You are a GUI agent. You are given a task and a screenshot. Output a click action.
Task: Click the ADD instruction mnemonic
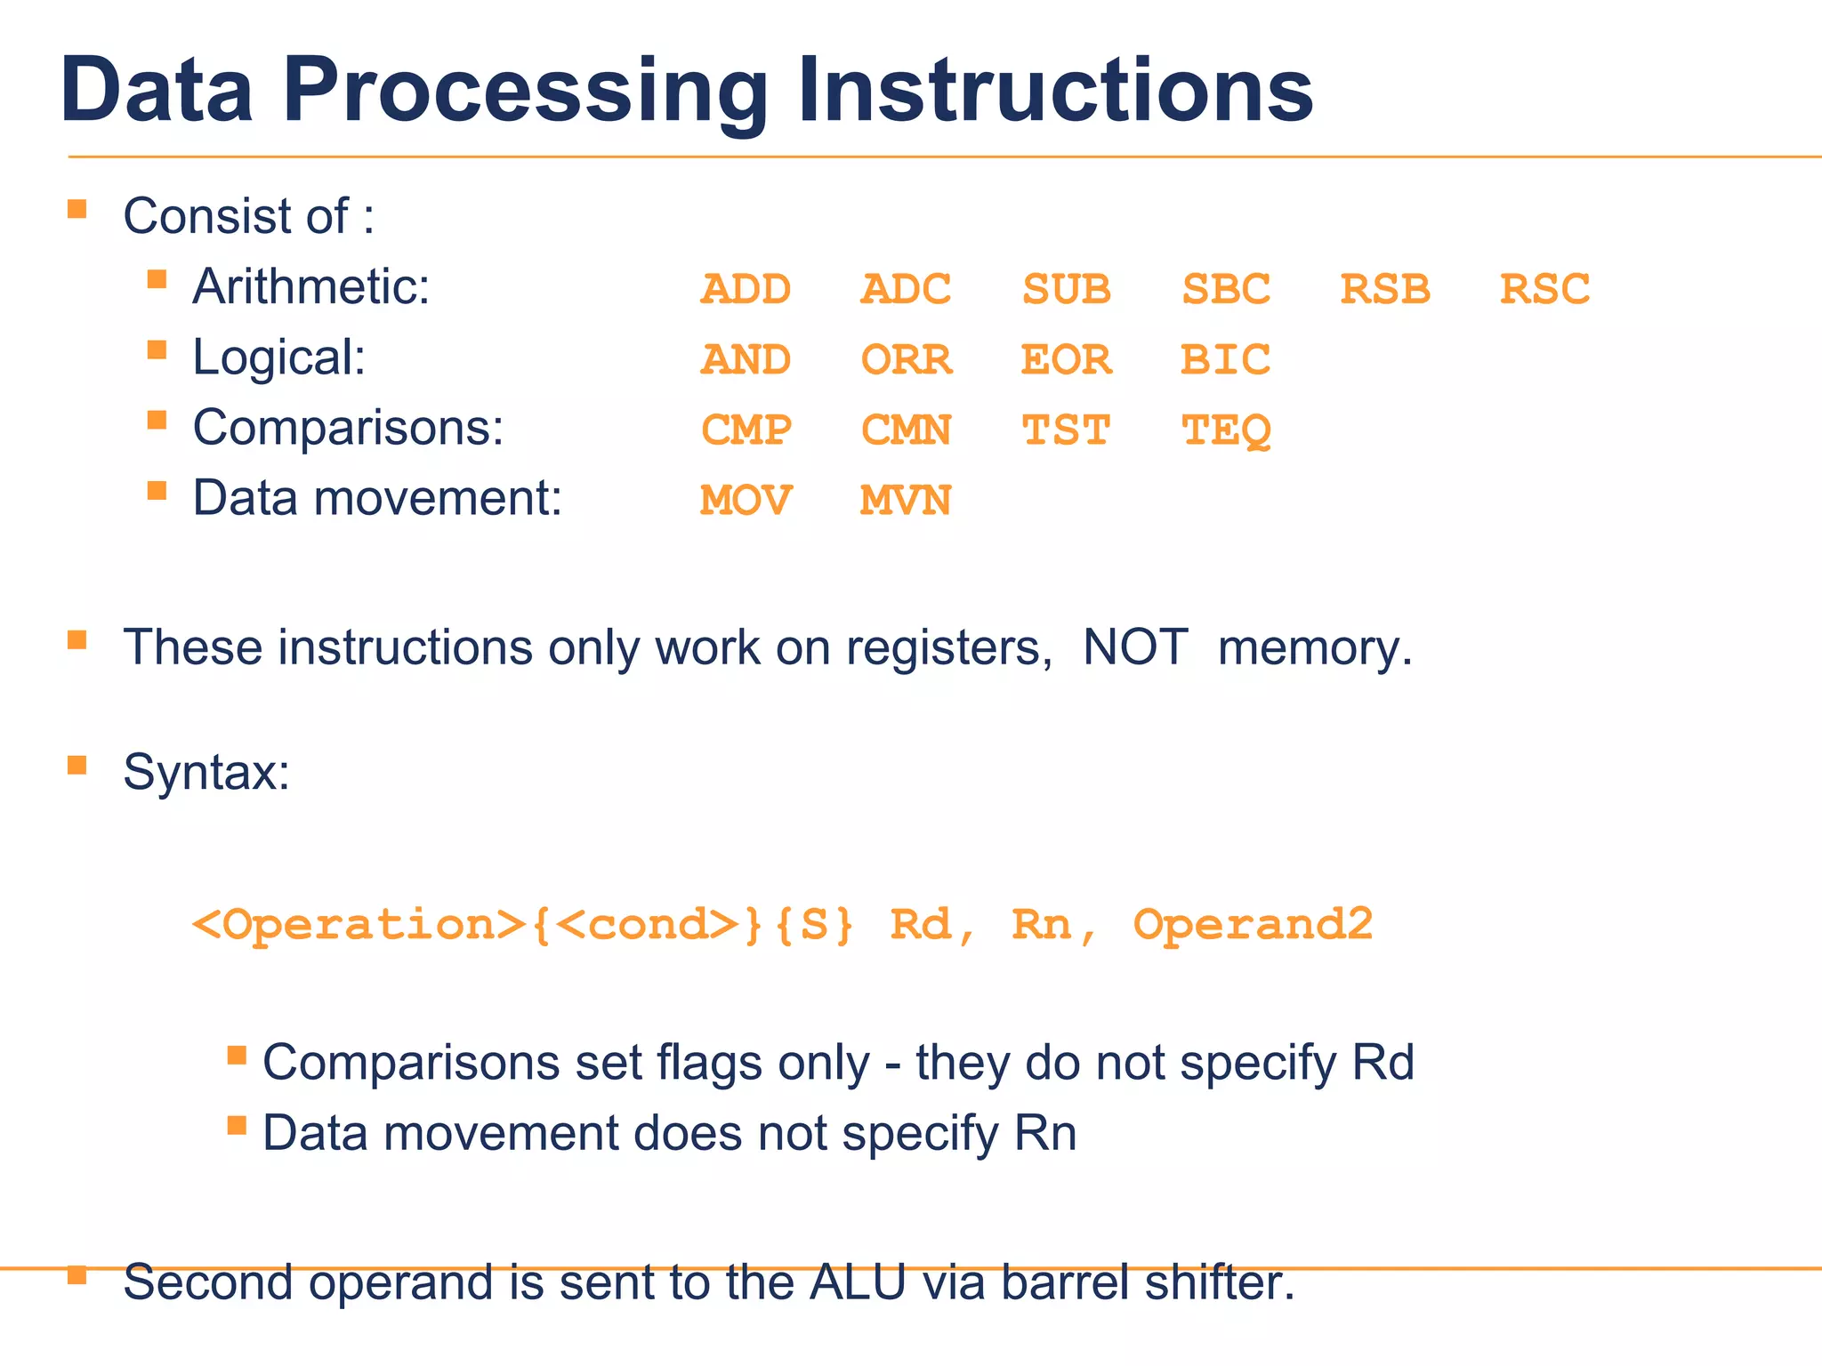coord(745,290)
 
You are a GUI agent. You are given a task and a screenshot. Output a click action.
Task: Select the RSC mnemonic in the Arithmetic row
coord(1544,290)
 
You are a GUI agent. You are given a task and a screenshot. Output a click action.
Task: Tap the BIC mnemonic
coord(1225,360)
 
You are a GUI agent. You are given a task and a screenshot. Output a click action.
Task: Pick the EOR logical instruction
coord(1066,360)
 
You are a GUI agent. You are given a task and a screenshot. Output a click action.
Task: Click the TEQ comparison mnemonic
coord(1225,431)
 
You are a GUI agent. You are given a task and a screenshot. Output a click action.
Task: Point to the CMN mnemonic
coord(906,431)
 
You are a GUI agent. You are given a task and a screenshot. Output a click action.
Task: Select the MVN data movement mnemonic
coord(906,501)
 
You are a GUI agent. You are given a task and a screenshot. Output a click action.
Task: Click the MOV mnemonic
coord(745,501)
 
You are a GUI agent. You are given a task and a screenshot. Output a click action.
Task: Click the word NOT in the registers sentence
coord(1135,647)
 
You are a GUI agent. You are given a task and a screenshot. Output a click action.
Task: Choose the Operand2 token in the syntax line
coord(1253,925)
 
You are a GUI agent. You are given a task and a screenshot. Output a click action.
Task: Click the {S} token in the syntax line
coord(814,925)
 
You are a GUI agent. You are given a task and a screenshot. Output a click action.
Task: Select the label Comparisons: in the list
coord(348,428)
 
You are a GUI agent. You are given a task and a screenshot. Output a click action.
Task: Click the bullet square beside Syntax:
coord(77,765)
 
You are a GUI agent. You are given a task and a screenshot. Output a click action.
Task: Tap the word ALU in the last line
coord(857,1283)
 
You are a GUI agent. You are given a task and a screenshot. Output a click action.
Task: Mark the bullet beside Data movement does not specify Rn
coord(237,1126)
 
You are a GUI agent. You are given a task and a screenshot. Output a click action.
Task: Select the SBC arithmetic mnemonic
coord(1225,290)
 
